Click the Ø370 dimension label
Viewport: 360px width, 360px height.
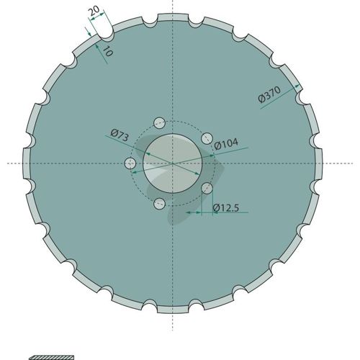(x=269, y=94)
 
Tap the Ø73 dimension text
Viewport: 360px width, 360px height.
(x=120, y=135)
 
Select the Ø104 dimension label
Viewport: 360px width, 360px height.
(x=226, y=144)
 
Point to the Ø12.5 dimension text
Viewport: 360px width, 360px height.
(x=226, y=208)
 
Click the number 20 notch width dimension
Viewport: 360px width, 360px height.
(x=94, y=11)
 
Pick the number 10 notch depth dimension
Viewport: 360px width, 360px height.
(x=107, y=51)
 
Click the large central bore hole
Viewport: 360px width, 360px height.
(x=173, y=163)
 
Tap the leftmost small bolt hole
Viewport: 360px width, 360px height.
(x=130, y=163)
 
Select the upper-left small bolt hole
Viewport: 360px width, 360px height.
(x=160, y=123)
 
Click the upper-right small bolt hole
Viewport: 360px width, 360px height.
(x=207, y=138)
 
